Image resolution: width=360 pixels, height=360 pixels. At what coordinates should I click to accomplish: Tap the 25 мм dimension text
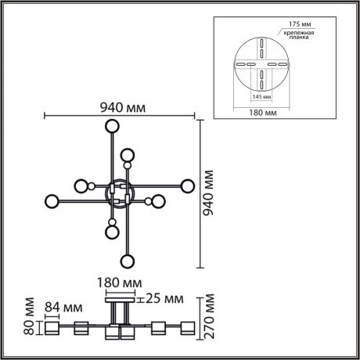pos(165,299)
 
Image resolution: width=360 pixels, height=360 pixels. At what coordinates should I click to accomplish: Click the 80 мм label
pos(30,316)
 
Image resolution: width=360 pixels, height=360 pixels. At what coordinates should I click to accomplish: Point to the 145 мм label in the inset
pos(261,97)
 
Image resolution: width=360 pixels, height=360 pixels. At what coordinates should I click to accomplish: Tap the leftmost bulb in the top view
pos(52,201)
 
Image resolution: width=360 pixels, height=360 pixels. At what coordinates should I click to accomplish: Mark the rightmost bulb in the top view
pos(187,185)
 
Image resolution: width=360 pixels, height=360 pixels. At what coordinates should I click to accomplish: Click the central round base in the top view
pos(120,192)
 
